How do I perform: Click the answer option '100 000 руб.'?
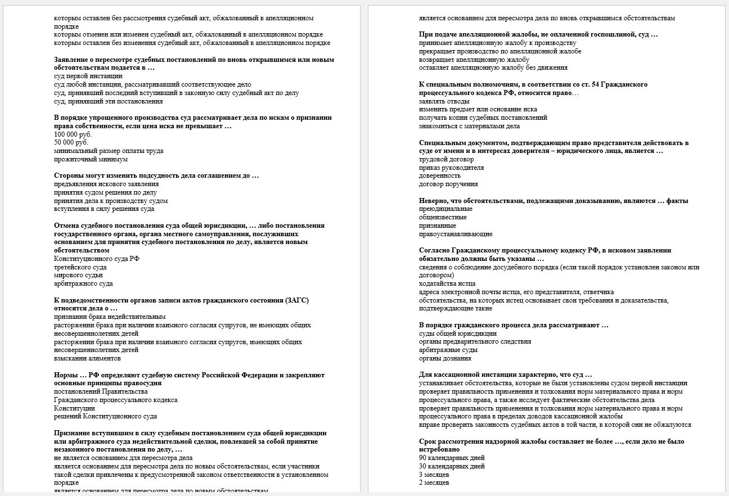(x=73, y=134)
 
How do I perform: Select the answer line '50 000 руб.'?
(x=71, y=143)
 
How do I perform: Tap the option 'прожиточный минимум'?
(x=91, y=159)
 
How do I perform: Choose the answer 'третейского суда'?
(x=80, y=267)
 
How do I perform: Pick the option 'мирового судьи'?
(x=78, y=276)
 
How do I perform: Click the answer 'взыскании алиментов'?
(x=87, y=358)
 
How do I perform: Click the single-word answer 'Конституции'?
(x=74, y=408)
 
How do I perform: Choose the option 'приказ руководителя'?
(x=451, y=168)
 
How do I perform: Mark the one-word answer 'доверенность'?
(x=439, y=175)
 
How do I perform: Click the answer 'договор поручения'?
(x=448, y=184)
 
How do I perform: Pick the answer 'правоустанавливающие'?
(x=455, y=234)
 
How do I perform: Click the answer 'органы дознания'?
(x=445, y=358)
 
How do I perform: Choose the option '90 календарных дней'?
(x=452, y=458)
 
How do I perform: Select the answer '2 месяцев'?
(x=434, y=483)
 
